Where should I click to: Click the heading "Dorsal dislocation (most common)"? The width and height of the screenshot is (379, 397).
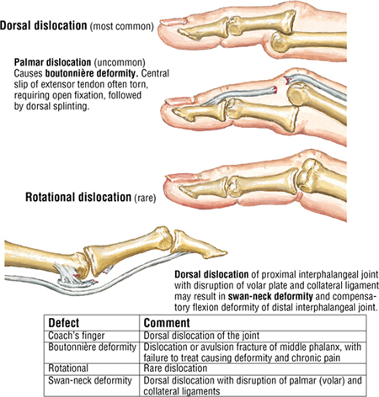pyautogui.click(x=77, y=26)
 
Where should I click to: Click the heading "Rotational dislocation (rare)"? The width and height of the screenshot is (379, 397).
pyautogui.click(x=91, y=198)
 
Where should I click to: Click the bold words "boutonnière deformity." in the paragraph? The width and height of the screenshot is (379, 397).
pyautogui.click(x=92, y=73)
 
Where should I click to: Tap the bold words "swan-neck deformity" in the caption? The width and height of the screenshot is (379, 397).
pyautogui.click(x=270, y=296)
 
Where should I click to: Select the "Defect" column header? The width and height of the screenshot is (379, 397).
pyautogui.click(x=64, y=323)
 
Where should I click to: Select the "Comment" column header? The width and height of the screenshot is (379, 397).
pyautogui.click(x=167, y=323)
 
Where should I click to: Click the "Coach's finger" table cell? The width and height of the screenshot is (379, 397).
pyautogui.click(x=77, y=336)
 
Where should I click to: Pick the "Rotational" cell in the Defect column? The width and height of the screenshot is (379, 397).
pyautogui.click(x=68, y=368)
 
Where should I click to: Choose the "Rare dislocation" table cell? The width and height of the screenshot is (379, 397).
pyautogui.click(x=175, y=368)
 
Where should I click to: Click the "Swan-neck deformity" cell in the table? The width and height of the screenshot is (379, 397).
pyautogui.click(x=90, y=381)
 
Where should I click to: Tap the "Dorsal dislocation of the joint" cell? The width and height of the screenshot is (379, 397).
pyautogui.click(x=201, y=336)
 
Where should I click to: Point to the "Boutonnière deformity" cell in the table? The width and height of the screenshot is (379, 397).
pyautogui.click(x=93, y=347)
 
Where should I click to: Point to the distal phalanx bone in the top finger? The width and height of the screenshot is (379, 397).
pyautogui.click(x=203, y=29)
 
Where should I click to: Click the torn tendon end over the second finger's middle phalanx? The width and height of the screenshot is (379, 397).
pyautogui.click(x=274, y=90)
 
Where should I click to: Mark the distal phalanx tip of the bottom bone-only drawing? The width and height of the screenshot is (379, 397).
pyautogui.click(x=225, y=252)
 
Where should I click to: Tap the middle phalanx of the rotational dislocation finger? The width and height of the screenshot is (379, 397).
pyautogui.click(x=264, y=181)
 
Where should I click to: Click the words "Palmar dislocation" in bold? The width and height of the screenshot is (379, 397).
pyautogui.click(x=53, y=62)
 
